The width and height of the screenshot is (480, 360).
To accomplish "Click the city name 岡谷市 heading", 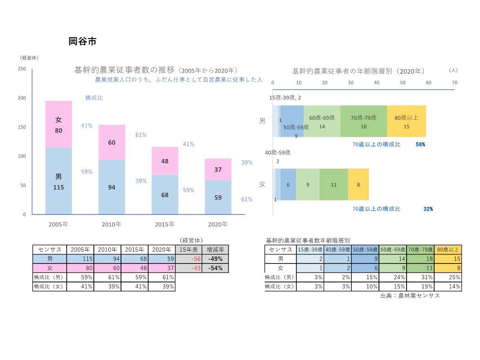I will tap(82, 41).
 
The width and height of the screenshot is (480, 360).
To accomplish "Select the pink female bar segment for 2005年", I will tap(58, 124).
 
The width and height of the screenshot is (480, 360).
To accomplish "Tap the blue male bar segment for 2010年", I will tap(112, 187).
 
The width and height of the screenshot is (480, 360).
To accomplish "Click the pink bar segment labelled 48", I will tap(165, 161).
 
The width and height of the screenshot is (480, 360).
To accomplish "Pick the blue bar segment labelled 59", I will tap(218, 197).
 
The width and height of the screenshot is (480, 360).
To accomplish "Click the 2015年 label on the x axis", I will tap(165, 224).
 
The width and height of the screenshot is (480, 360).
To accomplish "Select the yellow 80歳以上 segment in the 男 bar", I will tap(407, 121).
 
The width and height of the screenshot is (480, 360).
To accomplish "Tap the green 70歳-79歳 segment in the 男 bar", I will tap(364, 121).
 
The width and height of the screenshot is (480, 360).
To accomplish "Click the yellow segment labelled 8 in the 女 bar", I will tap(359, 185).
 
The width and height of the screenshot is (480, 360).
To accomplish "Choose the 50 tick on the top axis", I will tap(403, 83).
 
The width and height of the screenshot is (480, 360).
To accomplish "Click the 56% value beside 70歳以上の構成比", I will tap(420, 145).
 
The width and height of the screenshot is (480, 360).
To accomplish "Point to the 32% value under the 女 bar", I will tap(428, 209).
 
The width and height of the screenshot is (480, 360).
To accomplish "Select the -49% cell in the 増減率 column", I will tap(215, 259).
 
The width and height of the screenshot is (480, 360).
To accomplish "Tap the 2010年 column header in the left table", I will tap(107, 249).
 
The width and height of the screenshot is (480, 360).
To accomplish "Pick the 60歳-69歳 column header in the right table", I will tap(393, 249).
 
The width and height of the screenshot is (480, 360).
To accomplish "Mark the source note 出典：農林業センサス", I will tap(410, 296).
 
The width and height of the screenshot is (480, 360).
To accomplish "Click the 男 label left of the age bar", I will tap(262, 121).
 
